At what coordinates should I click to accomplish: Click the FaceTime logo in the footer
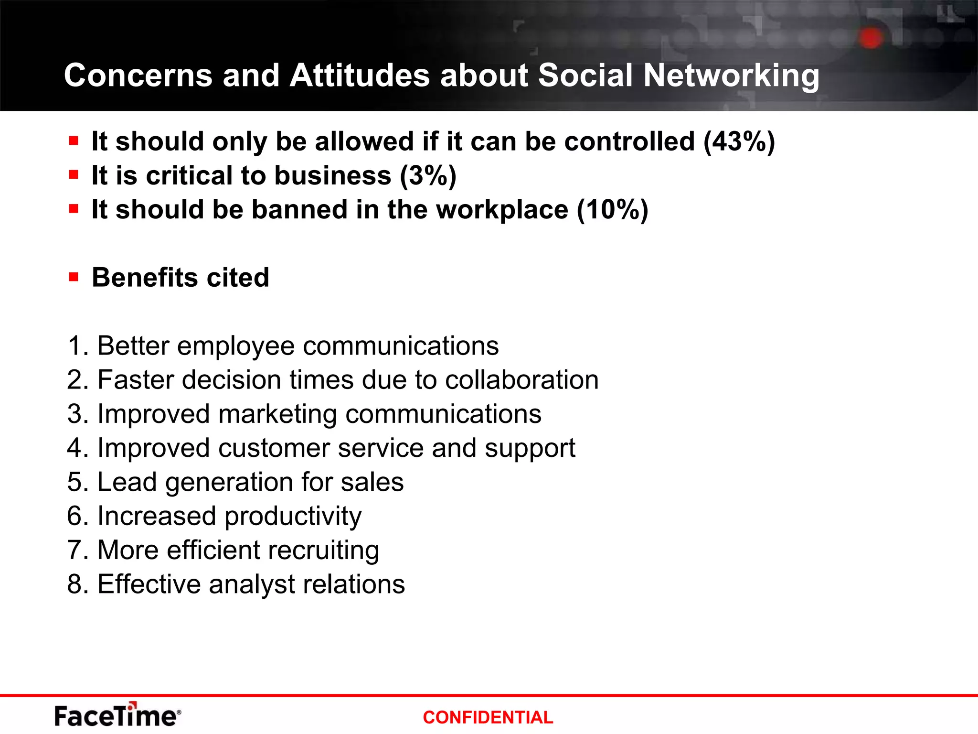click(117, 715)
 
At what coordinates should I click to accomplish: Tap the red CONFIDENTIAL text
click(488, 717)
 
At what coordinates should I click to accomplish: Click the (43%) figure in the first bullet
click(739, 141)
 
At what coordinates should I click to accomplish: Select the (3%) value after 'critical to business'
click(428, 175)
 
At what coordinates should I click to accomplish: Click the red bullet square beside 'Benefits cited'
click(74, 277)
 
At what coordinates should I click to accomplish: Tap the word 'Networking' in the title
click(731, 76)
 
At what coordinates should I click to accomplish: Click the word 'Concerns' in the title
click(138, 76)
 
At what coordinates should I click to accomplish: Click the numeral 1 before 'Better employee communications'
click(74, 345)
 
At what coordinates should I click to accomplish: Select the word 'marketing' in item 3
click(277, 414)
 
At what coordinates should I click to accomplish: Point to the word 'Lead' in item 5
click(127, 482)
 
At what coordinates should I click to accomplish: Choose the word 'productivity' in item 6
click(293, 517)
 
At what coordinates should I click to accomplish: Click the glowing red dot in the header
click(871, 38)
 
